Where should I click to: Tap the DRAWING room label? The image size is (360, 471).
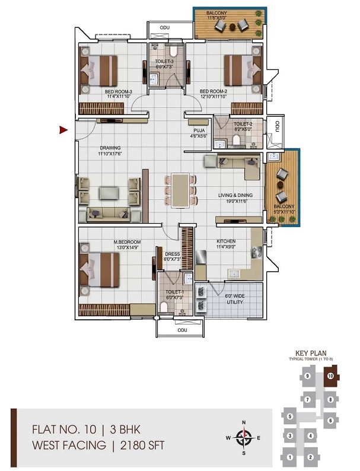(110, 148)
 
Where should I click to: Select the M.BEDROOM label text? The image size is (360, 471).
(128, 242)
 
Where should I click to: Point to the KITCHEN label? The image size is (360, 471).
(225, 241)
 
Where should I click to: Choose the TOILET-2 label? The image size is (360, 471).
(243, 124)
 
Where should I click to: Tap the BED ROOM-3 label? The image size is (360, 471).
(119, 91)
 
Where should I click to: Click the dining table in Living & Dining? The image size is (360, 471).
(180, 191)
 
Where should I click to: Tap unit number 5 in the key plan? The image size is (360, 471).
(289, 417)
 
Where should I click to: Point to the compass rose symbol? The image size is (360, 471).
(243, 438)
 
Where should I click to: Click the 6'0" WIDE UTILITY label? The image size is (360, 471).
(235, 298)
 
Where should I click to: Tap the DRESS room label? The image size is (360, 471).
(173, 254)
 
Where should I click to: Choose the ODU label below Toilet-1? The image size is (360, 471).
(182, 329)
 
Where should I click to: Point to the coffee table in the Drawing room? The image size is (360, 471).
(109, 192)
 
